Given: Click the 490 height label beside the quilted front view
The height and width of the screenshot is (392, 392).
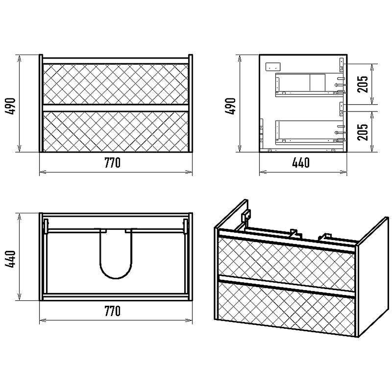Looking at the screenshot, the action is [10, 106].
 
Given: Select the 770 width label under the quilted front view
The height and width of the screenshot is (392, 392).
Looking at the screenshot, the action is [112, 163].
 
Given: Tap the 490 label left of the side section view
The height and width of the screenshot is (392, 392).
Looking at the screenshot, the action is [230, 106].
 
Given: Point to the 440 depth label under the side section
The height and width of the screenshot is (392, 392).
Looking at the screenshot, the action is [301, 163].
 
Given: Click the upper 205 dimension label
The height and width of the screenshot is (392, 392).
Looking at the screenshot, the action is [363, 84].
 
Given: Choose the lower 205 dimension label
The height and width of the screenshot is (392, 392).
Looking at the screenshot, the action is [363, 132].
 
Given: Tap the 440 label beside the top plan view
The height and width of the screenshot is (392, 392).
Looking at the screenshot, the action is [10, 259].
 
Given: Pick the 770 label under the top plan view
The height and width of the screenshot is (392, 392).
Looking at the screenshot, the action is [112, 311].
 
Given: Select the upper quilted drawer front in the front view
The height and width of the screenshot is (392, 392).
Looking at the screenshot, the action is [116, 84].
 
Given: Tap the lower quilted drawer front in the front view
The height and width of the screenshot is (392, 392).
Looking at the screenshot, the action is [116, 131].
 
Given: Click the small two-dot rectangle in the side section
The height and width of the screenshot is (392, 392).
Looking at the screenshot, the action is [273, 67].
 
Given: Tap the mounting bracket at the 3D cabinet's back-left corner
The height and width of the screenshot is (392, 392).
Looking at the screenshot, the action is [246, 216].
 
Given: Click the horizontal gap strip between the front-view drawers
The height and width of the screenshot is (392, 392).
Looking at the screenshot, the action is [116, 108].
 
